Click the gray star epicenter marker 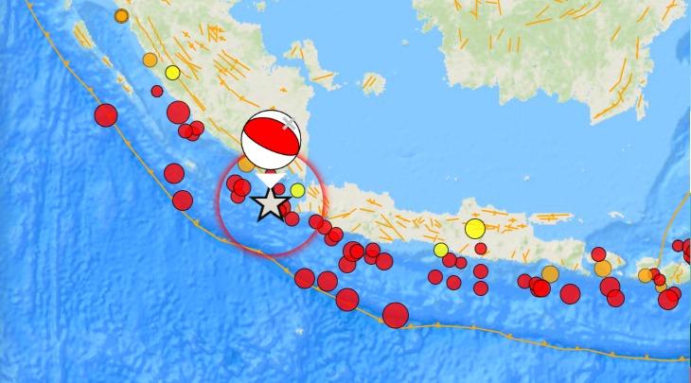point(270,202)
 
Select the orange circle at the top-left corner point(121,16)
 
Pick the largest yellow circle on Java point(475,229)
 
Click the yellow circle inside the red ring point(297,190)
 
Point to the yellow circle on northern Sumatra point(172,73)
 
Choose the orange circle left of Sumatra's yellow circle point(150,60)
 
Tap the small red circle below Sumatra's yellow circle point(157,91)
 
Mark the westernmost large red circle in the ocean point(105,115)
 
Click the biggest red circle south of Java point(396,315)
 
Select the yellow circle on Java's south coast point(440,250)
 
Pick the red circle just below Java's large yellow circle point(481,249)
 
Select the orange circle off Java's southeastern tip point(646,275)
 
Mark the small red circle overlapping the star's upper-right point(280,189)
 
